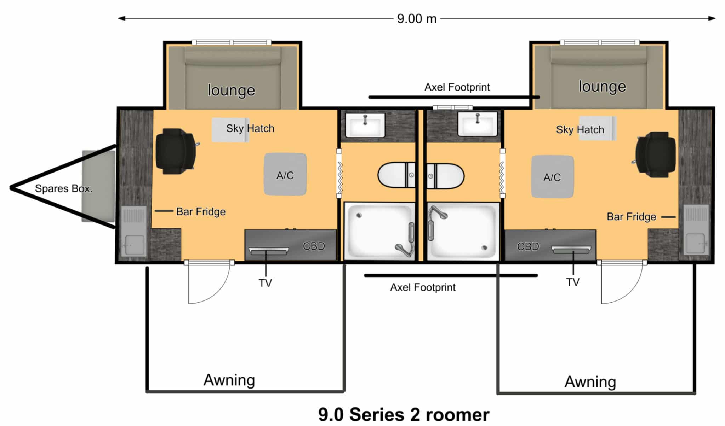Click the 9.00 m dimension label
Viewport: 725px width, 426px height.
417,18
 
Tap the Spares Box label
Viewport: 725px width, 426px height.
63,188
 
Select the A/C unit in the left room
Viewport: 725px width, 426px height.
285,174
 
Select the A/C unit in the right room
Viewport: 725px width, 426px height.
552,176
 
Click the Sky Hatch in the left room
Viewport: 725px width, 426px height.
230,130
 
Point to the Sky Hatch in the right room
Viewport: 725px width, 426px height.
598,128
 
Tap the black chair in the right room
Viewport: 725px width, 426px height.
655,154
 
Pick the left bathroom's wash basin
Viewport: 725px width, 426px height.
365,125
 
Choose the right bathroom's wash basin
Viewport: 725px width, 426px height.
478,124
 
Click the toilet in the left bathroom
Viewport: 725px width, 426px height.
396,175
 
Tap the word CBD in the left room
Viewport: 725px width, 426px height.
314,246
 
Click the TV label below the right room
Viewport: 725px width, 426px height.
573,282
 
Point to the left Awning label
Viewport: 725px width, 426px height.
229,380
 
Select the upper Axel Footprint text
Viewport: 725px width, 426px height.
457,87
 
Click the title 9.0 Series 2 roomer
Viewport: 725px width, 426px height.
404,414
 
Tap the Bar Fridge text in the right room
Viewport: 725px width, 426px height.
631,216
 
